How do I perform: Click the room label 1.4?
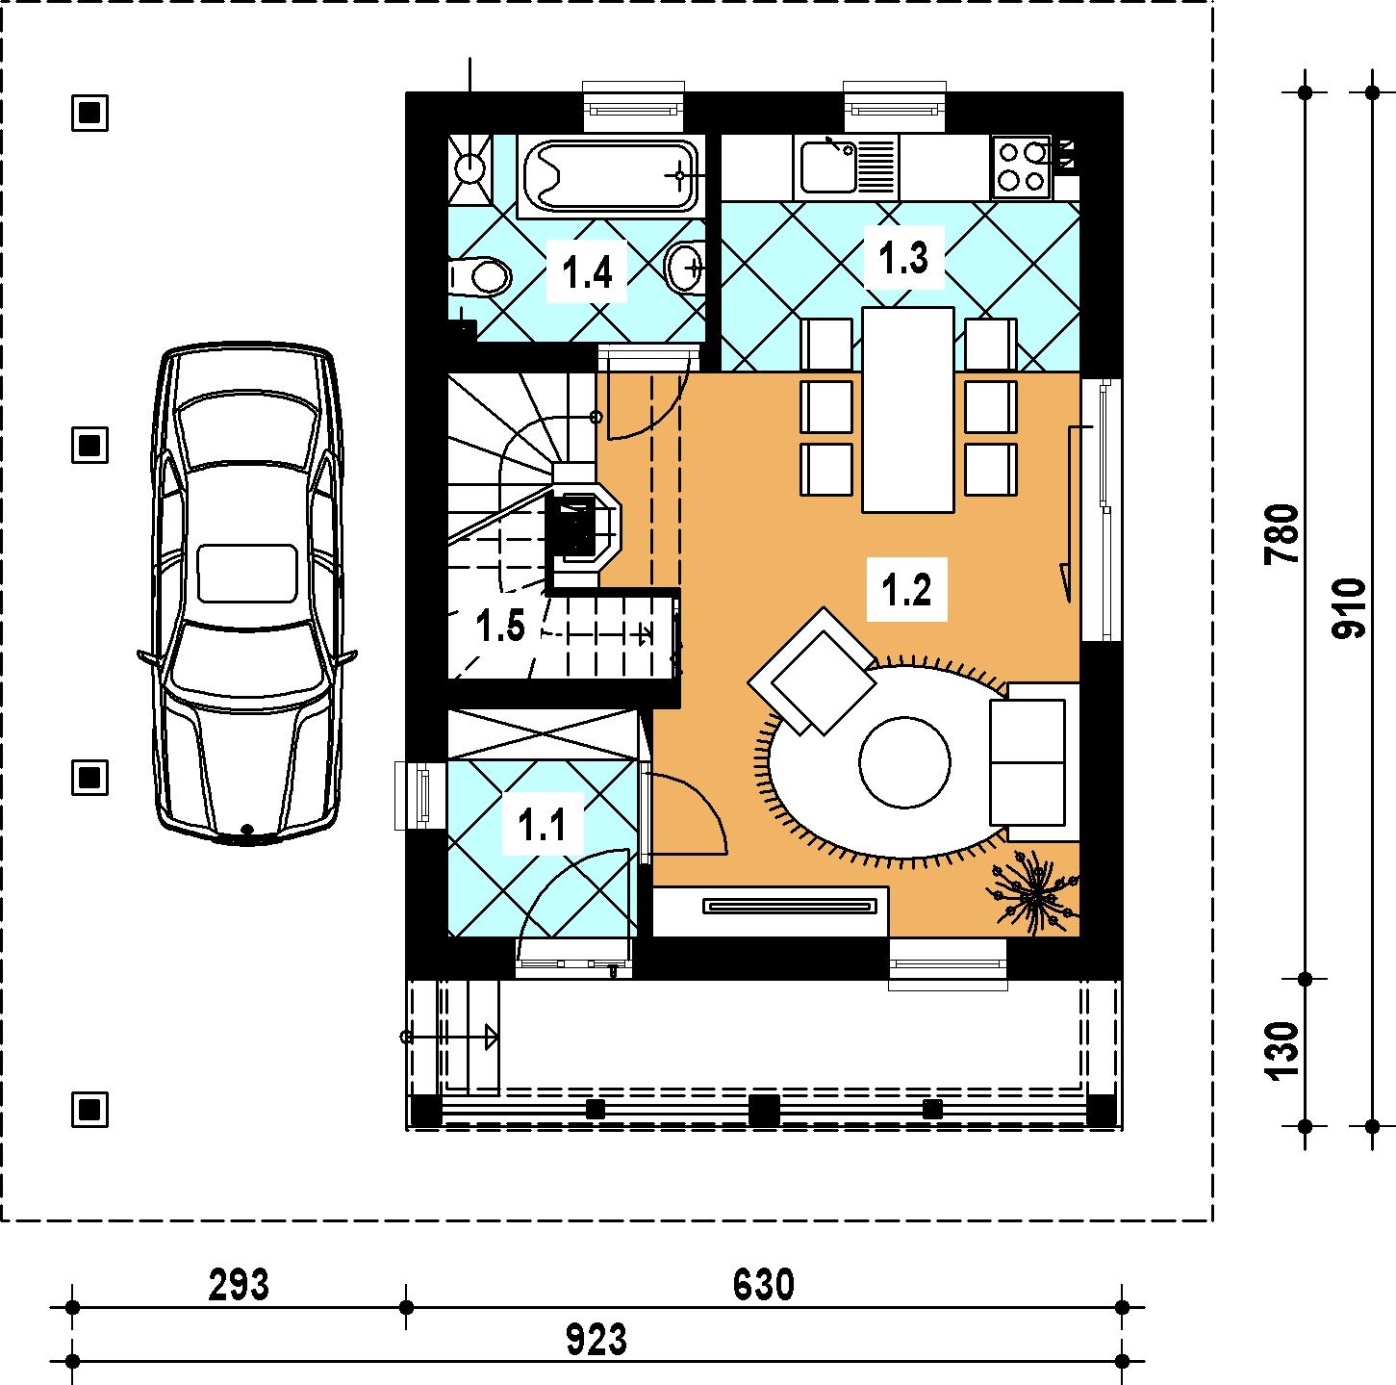pyautogui.click(x=587, y=272)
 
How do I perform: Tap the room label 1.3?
pyautogui.click(x=903, y=257)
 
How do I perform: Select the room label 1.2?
pyautogui.click(x=906, y=590)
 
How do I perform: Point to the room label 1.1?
pyautogui.click(x=542, y=825)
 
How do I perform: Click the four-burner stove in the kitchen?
pyautogui.click(x=1022, y=166)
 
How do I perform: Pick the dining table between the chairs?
pyautogui.click(x=907, y=409)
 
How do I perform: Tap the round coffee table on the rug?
pyautogui.click(x=904, y=761)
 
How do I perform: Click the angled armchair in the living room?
pyautogui.click(x=812, y=671)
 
